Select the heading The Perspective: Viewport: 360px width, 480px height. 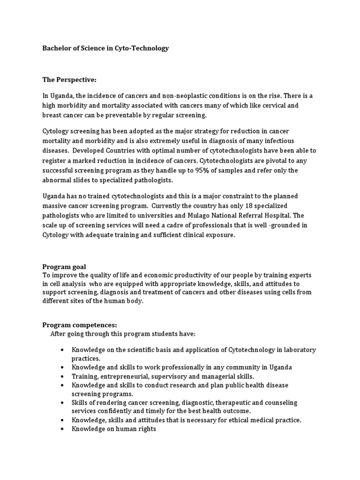69,80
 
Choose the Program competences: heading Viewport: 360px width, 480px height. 80,324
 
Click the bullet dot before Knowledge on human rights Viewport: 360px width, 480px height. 62,429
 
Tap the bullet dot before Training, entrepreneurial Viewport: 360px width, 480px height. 62,376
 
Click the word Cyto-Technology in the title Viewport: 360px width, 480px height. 142,48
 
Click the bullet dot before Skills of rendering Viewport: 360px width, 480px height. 62,403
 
